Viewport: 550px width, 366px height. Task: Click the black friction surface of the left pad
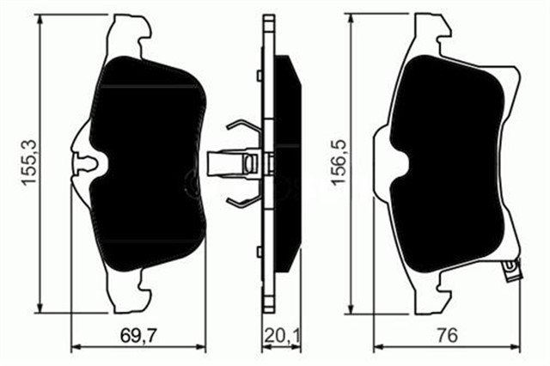146,163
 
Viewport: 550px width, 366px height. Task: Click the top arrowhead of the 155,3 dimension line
41,19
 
